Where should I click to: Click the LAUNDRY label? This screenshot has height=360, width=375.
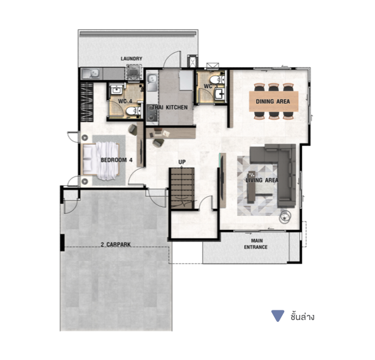132,58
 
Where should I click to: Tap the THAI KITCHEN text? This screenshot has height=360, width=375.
170,107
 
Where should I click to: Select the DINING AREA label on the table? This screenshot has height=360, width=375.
273,102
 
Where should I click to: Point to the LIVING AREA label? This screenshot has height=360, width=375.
262,180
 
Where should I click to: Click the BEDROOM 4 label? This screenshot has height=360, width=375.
116,160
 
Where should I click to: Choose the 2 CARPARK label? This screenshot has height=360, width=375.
116,244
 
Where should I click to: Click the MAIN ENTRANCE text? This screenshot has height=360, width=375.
256,244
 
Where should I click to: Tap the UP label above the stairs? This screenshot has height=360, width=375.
182,162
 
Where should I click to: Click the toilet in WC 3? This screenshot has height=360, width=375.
217,79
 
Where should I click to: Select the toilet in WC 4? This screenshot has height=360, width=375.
133,111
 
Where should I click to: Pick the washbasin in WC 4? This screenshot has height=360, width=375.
117,90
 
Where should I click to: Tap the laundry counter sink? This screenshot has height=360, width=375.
91,74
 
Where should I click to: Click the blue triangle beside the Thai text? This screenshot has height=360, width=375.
278,316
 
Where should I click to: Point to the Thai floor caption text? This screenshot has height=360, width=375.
303,317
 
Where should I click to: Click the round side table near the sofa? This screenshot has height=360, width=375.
285,217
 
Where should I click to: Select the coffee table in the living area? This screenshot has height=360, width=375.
251,187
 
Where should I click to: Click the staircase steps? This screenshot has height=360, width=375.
182,188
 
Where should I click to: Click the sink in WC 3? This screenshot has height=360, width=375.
219,93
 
